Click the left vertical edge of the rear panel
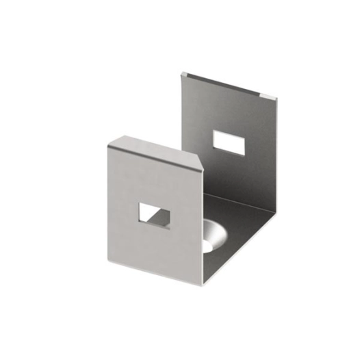(x=183, y=116)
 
